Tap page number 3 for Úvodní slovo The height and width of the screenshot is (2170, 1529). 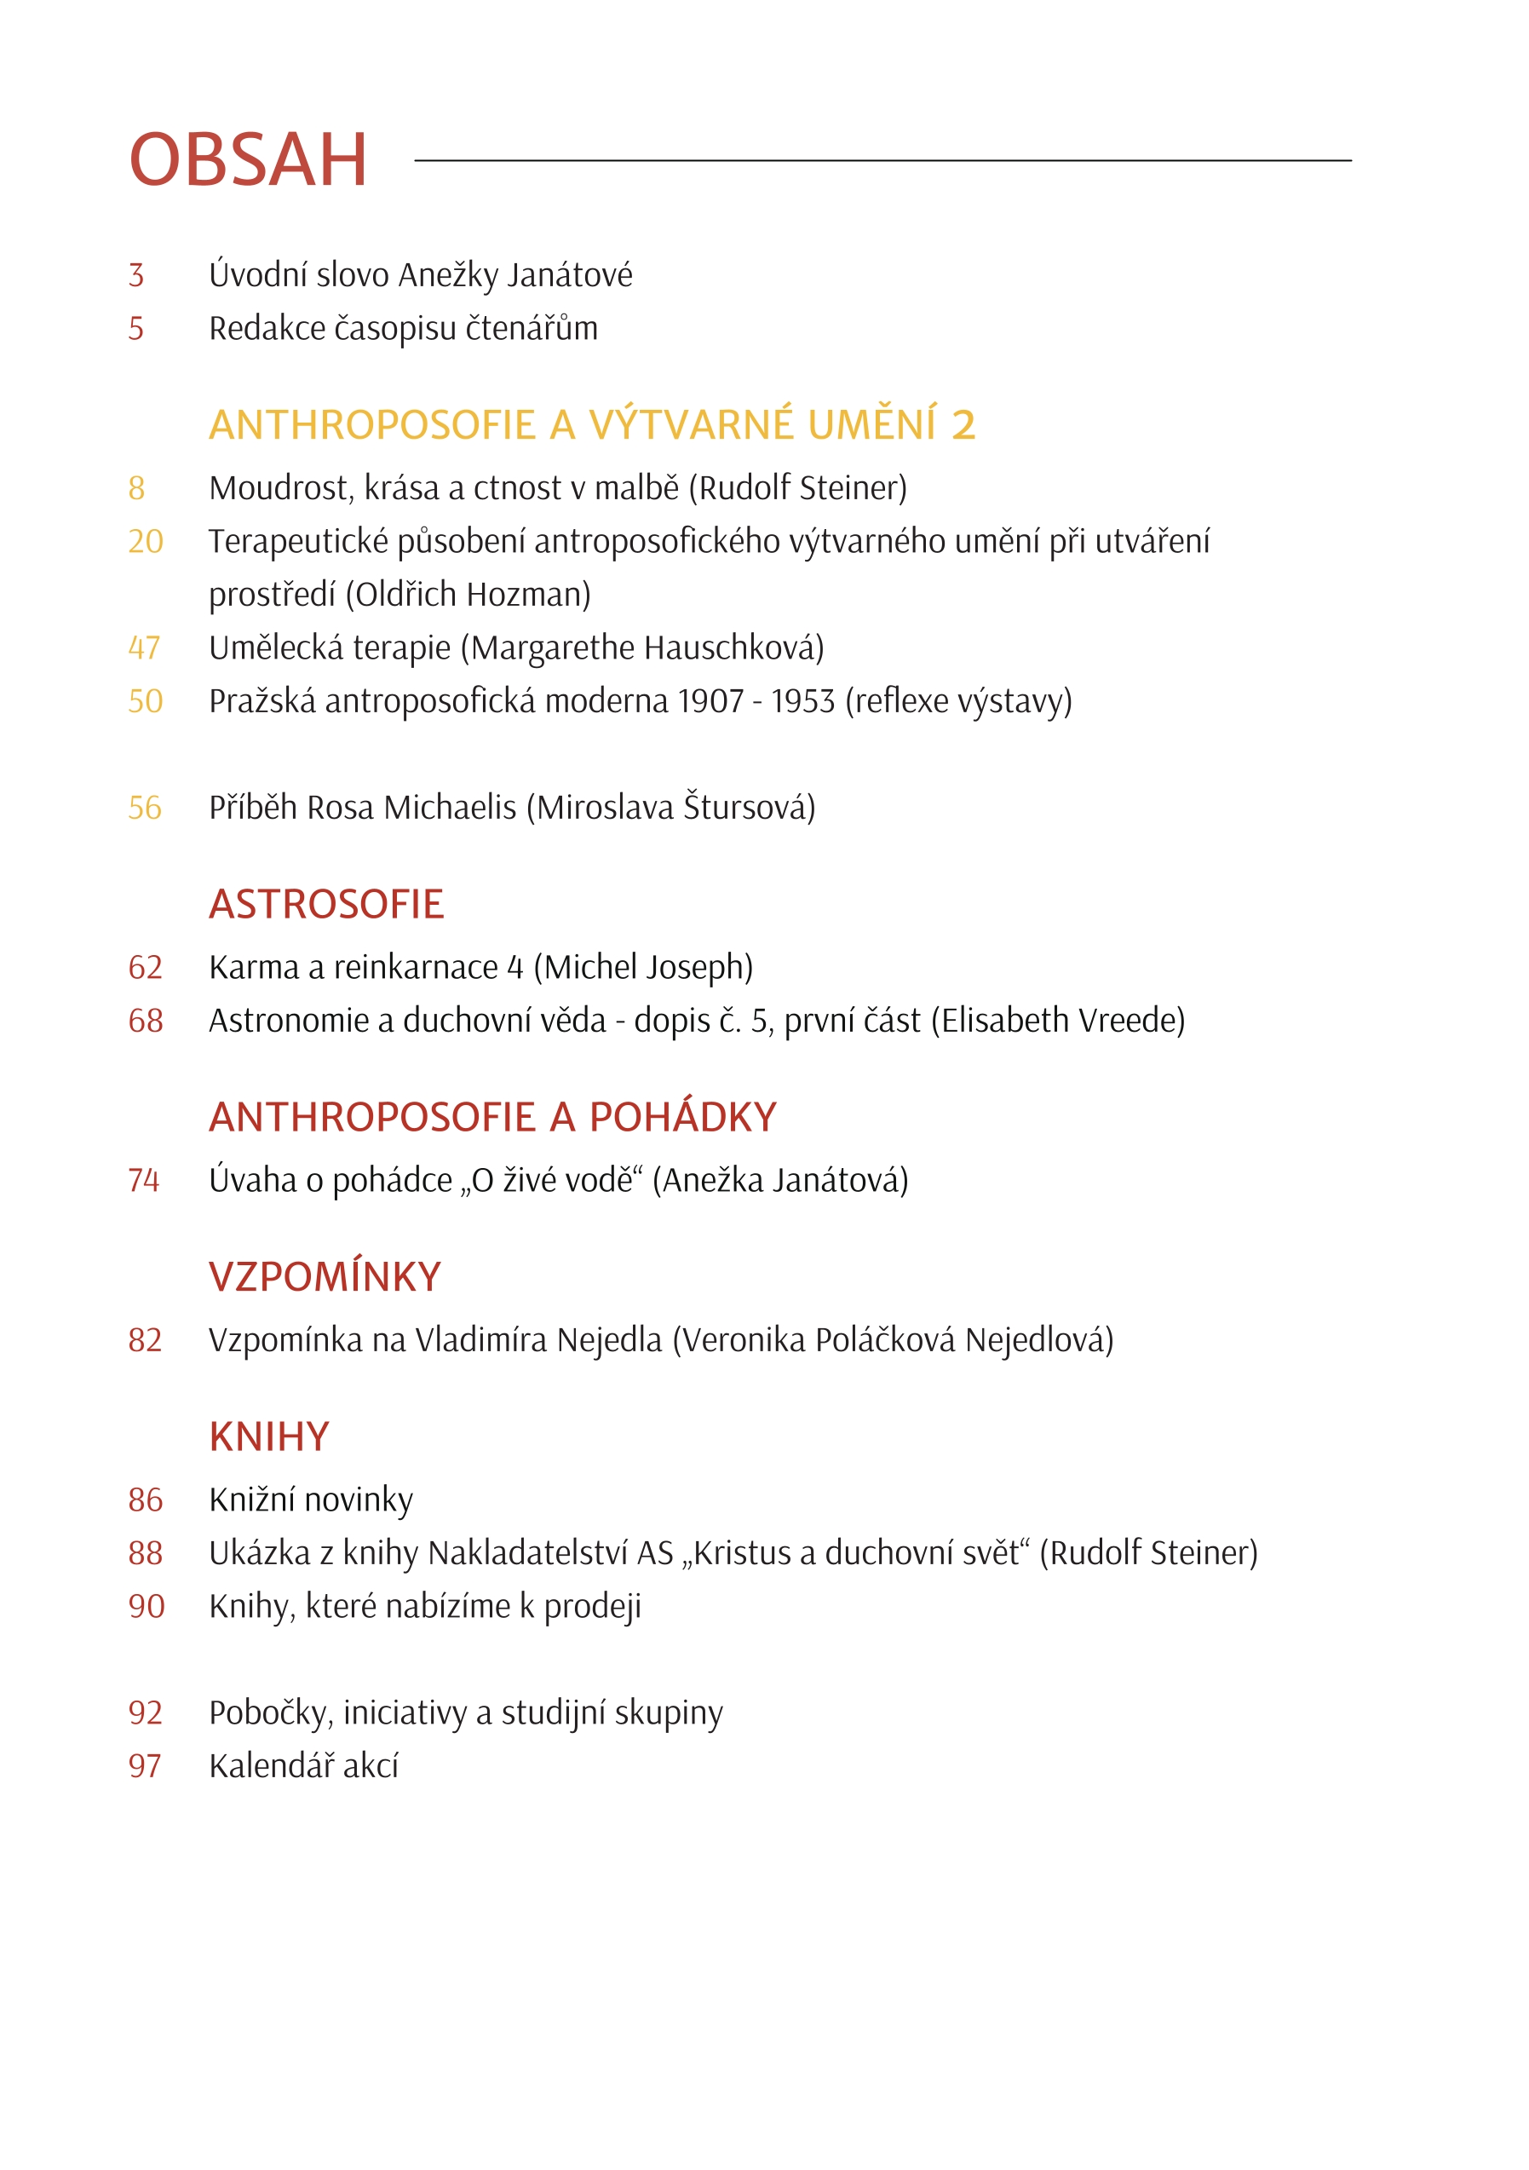tap(137, 275)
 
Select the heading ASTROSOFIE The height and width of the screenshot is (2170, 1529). tap(326, 905)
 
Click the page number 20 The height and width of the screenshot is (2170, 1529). tap(146, 542)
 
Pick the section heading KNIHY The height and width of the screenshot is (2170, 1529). tap(269, 1437)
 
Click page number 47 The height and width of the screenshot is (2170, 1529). tap(145, 648)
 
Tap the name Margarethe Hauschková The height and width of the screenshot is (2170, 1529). tap(647, 648)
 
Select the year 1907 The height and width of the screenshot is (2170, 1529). tap(710, 701)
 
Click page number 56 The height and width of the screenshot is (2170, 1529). tap(145, 808)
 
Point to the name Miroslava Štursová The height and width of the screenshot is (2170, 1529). tap(671, 808)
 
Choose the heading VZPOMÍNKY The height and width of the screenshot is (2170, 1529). tap(325, 1278)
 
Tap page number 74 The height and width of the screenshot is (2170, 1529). tap(144, 1181)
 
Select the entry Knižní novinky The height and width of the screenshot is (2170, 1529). tap(311, 1499)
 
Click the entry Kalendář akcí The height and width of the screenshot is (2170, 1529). tap(303, 1766)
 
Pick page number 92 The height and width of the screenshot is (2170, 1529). tap(146, 1712)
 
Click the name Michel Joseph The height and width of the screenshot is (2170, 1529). tap(642, 968)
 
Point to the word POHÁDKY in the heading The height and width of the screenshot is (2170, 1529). tap(682, 1118)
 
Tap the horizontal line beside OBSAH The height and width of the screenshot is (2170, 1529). tap(882, 161)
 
